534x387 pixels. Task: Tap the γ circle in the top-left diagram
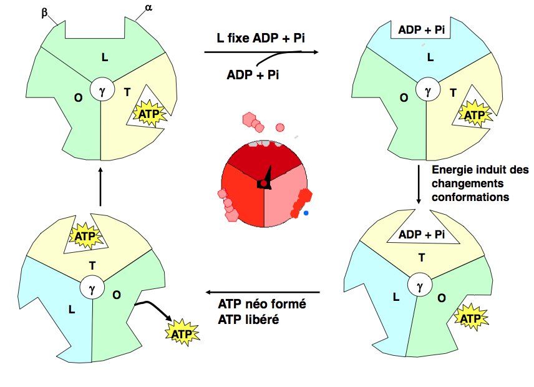102,89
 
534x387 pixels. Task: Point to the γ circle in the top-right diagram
428,89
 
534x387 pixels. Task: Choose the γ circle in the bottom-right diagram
420,285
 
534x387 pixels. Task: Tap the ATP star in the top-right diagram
475,114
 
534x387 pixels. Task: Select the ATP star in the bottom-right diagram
471,319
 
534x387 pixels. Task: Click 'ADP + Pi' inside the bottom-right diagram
422,235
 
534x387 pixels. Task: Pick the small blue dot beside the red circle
306,213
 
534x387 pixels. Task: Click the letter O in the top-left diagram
78,98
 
